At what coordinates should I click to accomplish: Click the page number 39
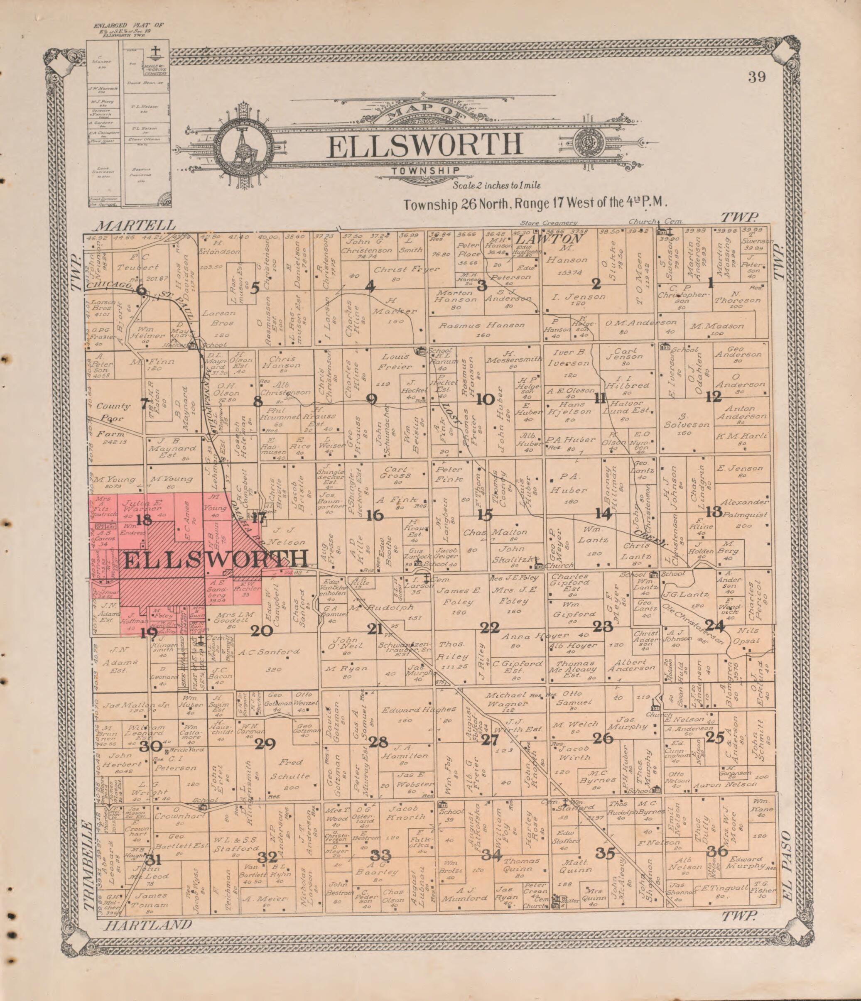coord(757,77)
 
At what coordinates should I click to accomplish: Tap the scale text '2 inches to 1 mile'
coord(496,186)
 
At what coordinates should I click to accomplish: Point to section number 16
coord(375,516)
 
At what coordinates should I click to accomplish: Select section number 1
coord(711,284)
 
